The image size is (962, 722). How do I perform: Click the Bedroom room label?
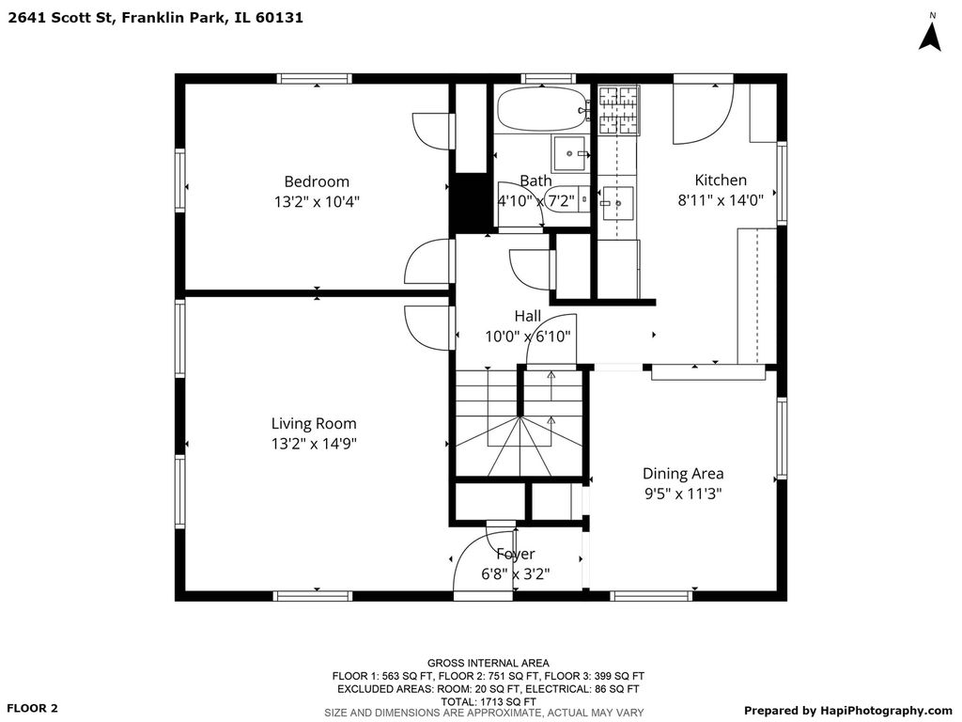[317, 181]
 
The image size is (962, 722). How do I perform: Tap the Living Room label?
[314, 424]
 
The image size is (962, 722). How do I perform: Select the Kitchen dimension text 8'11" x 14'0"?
[721, 200]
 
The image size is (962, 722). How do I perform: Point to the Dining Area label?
[683, 474]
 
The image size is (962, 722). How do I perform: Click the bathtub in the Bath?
[543, 109]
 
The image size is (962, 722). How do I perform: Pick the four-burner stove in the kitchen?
[618, 111]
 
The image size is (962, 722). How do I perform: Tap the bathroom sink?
[570, 153]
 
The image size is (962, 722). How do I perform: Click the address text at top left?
[156, 17]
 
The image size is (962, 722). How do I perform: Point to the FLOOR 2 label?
[33, 708]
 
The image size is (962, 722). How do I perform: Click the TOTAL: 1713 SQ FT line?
[489, 701]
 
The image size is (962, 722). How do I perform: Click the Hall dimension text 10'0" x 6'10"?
[528, 337]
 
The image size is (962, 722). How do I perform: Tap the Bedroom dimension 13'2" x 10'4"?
[317, 201]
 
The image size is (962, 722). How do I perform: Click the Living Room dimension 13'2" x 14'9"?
[314, 444]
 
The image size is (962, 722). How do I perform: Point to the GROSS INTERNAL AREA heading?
[489, 663]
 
